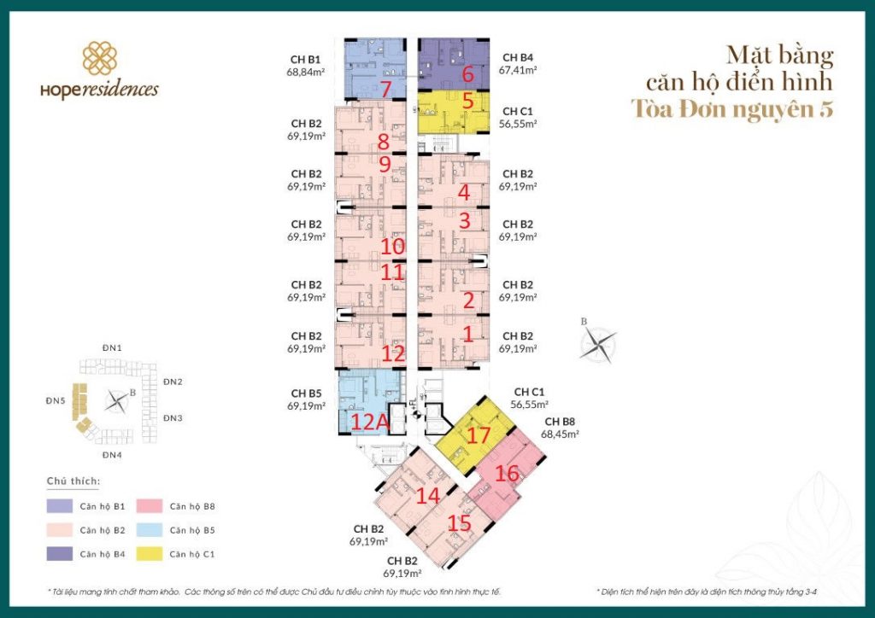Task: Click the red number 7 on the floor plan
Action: pyautogui.click(x=386, y=90)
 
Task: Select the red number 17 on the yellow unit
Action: pyautogui.click(x=479, y=435)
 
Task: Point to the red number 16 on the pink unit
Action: pyautogui.click(x=507, y=472)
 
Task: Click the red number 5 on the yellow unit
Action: pyautogui.click(x=467, y=101)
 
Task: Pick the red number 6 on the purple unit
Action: pyautogui.click(x=467, y=73)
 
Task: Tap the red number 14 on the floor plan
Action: pyautogui.click(x=427, y=496)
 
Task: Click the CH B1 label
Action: pyautogui.click(x=305, y=59)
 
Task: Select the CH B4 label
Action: pyautogui.click(x=517, y=58)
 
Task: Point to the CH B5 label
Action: pyautogui.click(x=305, y=394)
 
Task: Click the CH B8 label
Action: pyautogui.click(x=559, y=422)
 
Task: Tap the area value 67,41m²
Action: pyautogui.click(x=518, y=71)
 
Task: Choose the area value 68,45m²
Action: pyautogui.click(x=560, y=434)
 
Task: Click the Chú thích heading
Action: pyautogui.click(x=73, y=481)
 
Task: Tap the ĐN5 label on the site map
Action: pyautogui.click(x=56, y=399)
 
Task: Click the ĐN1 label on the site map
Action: pyautogui.click(x=112, y=348)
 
